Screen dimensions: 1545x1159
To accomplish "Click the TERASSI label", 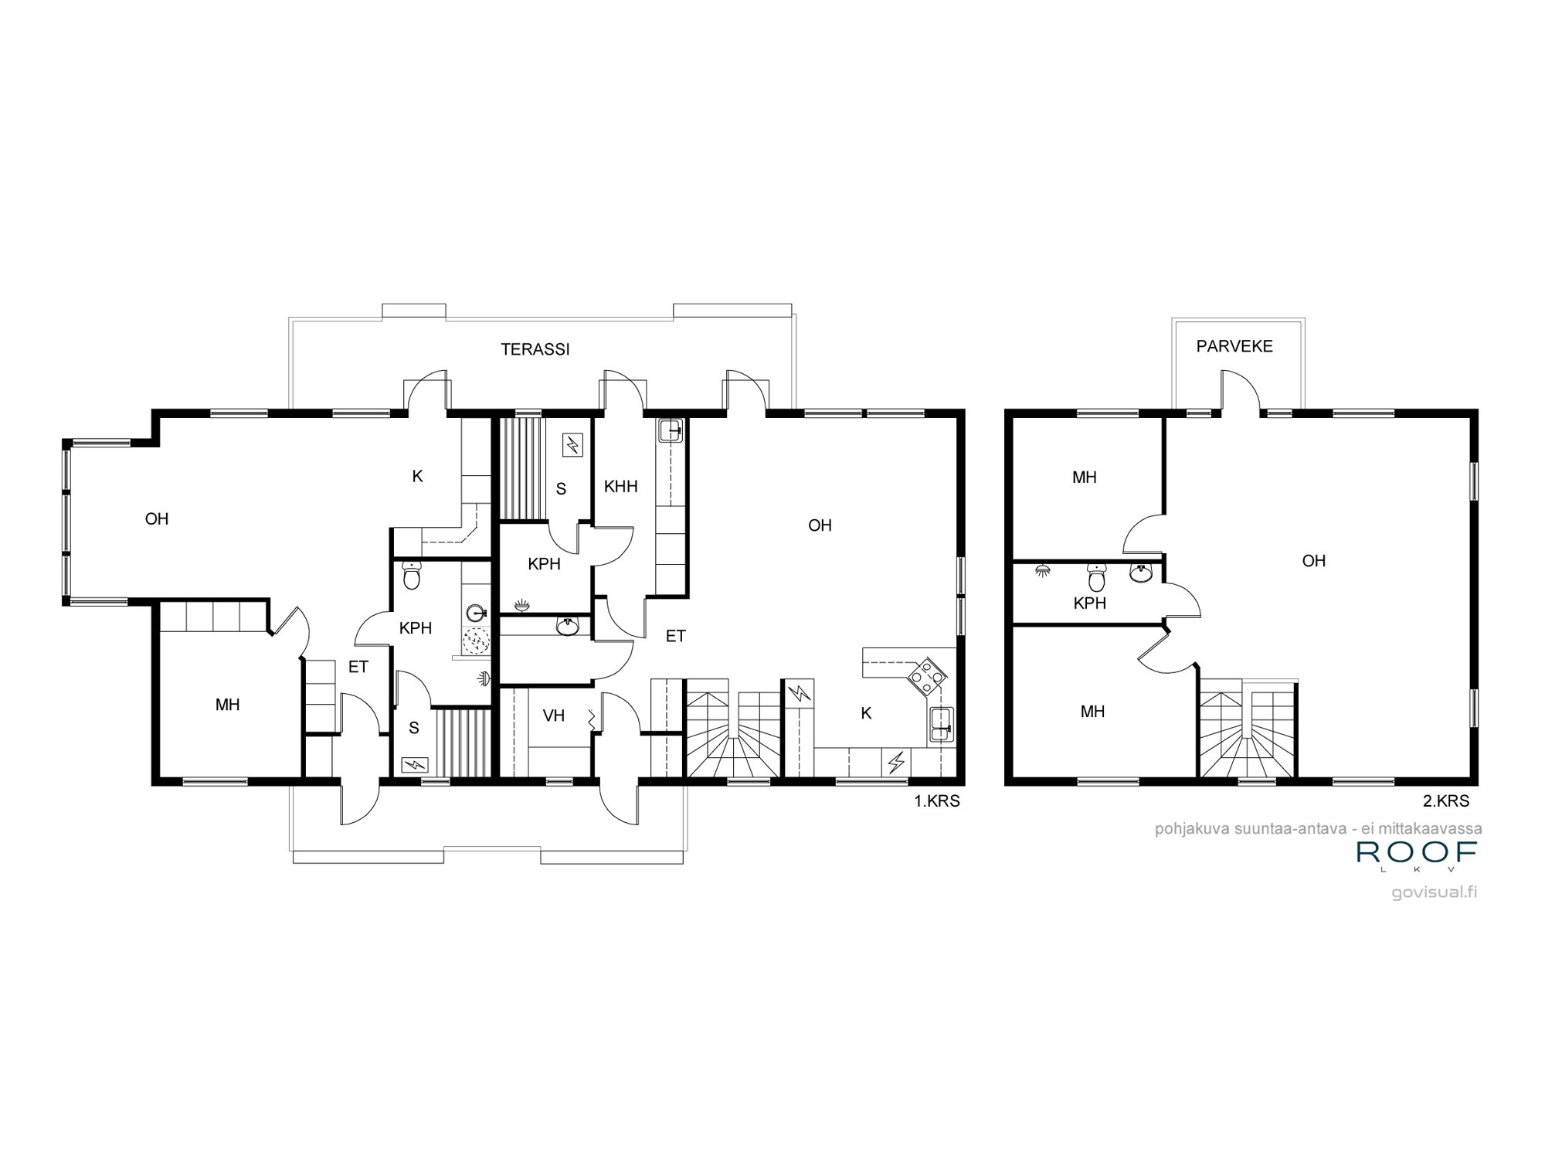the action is click(535, 349).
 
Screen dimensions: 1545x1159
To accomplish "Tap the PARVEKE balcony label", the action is click(1234, 346).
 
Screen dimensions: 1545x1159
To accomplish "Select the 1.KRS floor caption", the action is click(937, 801).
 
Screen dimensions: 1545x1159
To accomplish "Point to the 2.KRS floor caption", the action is click(1446, 801).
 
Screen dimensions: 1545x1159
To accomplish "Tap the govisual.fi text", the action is click(1435, 892).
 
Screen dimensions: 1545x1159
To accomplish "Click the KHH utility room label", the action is click(621, 487).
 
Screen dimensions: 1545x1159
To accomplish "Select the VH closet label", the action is click(554, 715).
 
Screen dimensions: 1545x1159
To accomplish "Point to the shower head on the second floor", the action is click(1043, 571).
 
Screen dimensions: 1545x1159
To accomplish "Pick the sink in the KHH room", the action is click(670, 429).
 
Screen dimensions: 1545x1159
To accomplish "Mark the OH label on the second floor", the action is click(1314, 561).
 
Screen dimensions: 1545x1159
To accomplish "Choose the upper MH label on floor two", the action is click(1085, 478).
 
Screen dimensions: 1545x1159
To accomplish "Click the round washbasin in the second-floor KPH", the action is click(1141, 573).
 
